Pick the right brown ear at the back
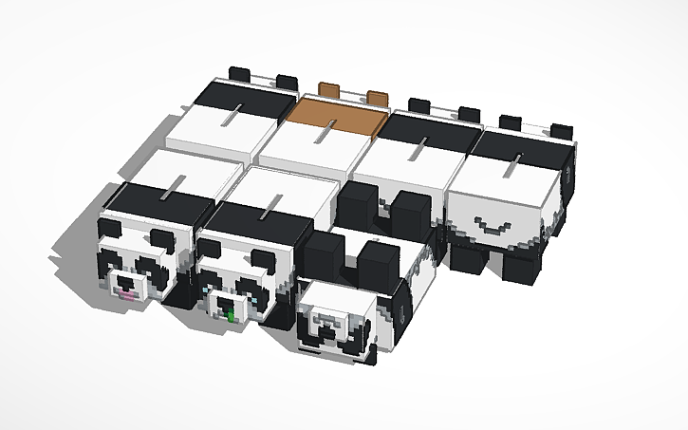[x=377, y=97]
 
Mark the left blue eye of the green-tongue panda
[x=205, y=284]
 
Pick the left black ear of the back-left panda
[x=240, y=72]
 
